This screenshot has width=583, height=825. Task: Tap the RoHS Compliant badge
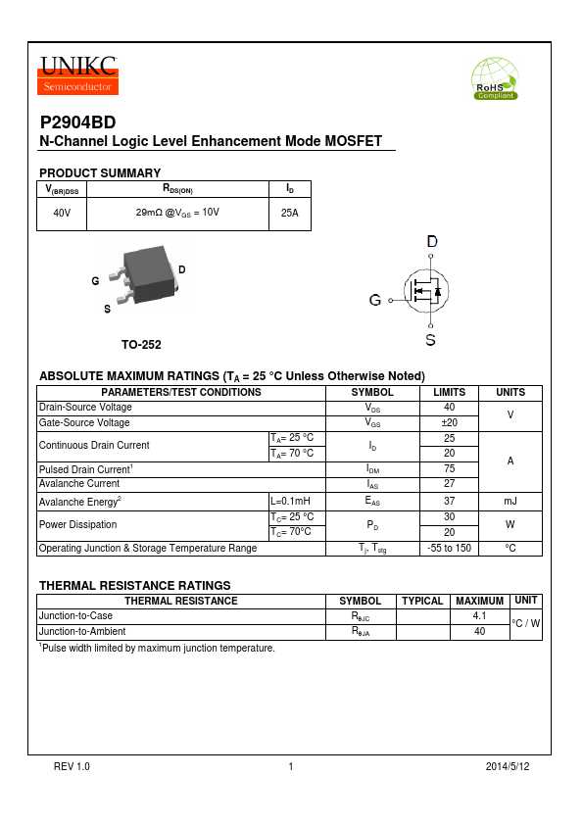coord(495,78)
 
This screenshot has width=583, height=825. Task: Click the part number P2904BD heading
coord(77,124)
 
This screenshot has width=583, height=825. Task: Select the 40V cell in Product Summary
coord(62,213)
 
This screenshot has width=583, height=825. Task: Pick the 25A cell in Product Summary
coord(289,213)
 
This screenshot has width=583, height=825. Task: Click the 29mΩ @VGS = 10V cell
coord(177,213)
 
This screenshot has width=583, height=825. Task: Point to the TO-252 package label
coord(141,345)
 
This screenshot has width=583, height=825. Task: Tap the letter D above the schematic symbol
coord(431,241)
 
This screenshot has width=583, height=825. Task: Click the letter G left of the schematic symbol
coord(375,301)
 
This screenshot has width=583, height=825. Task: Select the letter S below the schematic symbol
coord(430,340)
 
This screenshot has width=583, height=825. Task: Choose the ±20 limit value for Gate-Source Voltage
coord(449,422)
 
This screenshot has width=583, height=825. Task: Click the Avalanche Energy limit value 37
coord(449,501)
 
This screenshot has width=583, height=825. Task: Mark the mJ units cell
coord(510,501)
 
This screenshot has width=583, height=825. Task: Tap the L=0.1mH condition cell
coord(290,501)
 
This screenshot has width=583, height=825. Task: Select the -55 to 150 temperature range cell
coord(449,548)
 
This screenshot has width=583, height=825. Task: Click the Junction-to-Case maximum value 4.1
coord(479,616)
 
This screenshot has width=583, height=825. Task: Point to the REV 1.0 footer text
coord(72,766)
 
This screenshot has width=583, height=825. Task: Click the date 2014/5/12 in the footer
coord(508,766)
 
